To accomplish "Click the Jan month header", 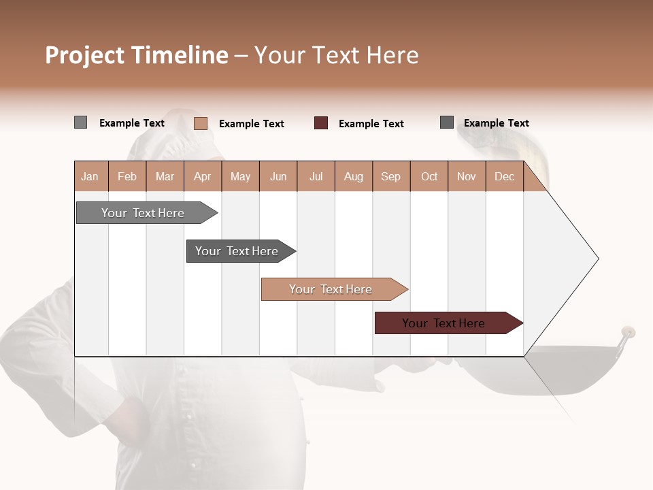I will click(x=90, y=176).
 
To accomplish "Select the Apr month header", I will click(x=202, y=176).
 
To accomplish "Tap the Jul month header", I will click(x=316, y=176).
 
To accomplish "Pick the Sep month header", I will click(x=390, y=176).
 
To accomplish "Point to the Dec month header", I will click(x=504, y=176).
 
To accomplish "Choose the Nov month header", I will click(x=466, y=176).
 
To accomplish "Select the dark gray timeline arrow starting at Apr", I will click(x=237, y=251).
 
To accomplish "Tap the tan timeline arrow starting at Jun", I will click(x=331, y=289).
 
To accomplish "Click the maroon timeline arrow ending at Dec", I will click(x=443, y=323).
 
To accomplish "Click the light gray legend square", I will click(x=80, y=122).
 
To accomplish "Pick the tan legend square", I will click(x=200, y=123).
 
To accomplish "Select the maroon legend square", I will click(x=321, y=123).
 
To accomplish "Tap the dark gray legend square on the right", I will click(x=446, y=122).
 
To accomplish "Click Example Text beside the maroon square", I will click(x=371, y=124).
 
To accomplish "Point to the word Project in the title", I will click(x=85, y=55).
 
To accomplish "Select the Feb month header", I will click(x=127, y=176).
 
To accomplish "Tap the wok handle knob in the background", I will click(x=627, y=333).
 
